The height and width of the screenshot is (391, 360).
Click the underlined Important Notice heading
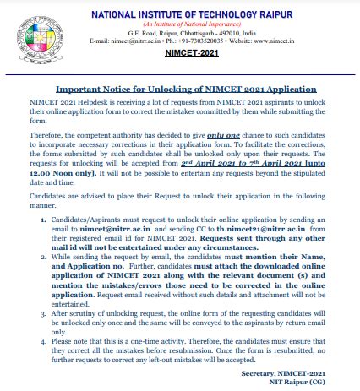click(x=186, y=89)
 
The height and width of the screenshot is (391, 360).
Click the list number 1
click(x=43, y=219)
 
